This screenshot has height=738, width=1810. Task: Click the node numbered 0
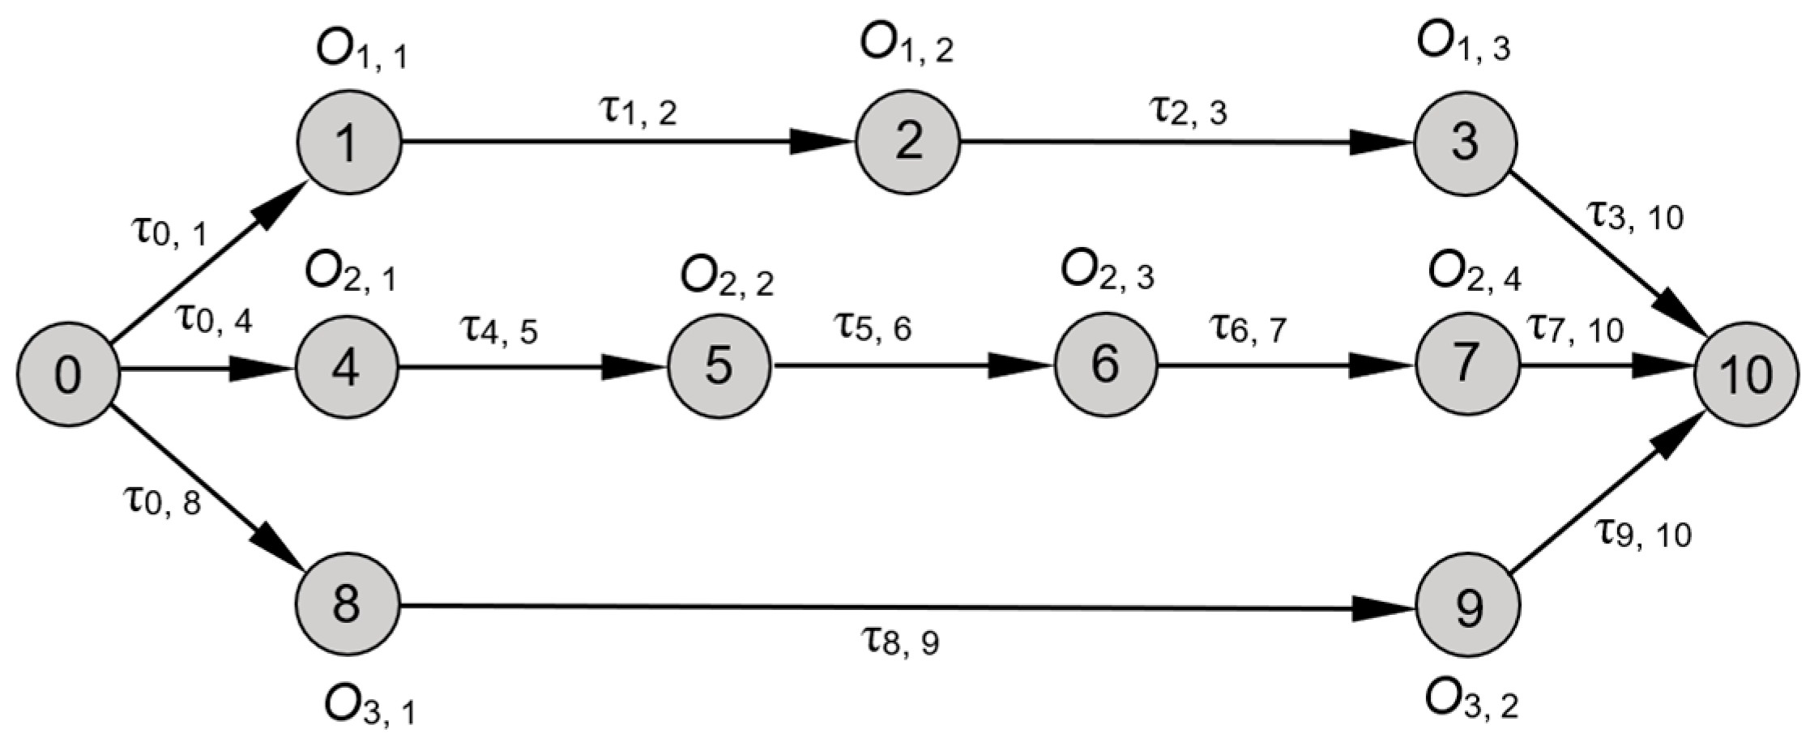[68, 373]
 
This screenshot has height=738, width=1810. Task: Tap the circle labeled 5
[719, 365]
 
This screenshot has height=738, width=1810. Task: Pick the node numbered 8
[348, 604]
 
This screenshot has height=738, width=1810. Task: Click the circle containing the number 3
[1466, 143]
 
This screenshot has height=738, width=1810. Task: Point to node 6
[1106, 365]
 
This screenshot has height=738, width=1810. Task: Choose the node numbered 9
[1467, 607]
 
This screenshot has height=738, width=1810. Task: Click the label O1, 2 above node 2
[907, 47]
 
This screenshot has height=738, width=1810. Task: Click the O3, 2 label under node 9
[1471, 703]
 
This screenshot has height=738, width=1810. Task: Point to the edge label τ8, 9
[899, 642]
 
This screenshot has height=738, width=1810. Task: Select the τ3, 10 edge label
[1634, 215]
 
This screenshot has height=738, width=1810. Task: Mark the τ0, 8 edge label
[162, 501]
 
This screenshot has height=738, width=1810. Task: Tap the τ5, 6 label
[873, 327]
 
